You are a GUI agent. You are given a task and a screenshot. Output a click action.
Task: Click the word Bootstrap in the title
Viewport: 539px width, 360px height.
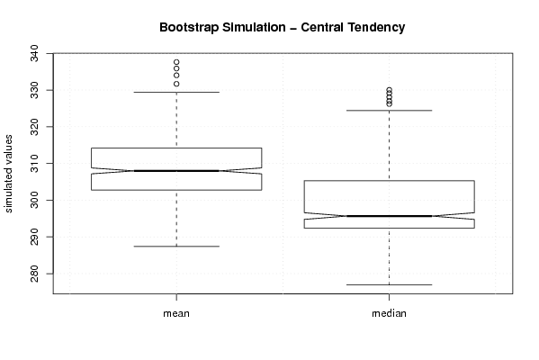pos(188,28)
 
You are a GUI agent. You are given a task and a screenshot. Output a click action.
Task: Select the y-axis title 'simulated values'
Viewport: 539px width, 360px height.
pos(8,174)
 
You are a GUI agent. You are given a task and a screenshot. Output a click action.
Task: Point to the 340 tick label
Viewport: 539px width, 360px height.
pos(35,53)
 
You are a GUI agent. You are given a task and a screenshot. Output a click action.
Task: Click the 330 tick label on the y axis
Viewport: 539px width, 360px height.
pos(35,90)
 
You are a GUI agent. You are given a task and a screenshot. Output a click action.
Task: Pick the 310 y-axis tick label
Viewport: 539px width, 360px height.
pos(35,163)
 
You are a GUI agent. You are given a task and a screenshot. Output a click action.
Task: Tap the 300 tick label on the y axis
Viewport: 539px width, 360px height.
pos(35,200)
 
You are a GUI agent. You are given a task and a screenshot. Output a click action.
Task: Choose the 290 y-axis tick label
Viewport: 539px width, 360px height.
pos(35,237)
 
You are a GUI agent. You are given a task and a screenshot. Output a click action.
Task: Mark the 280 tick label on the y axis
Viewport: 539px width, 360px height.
pos(35,274)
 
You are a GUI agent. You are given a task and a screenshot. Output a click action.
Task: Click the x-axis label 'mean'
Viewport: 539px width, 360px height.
pos(176,313)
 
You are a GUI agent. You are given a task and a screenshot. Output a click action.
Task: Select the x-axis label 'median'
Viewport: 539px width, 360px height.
pos(389,313)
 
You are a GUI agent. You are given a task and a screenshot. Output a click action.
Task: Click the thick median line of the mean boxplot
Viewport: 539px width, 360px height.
pos(176,170)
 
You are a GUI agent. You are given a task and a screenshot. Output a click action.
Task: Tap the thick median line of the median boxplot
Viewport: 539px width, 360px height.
pos(389,216)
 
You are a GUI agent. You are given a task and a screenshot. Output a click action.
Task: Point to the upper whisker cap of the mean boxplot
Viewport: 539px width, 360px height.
pos(176,92)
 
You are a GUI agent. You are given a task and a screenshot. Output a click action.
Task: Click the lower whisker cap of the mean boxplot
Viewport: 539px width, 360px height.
pos(176,247)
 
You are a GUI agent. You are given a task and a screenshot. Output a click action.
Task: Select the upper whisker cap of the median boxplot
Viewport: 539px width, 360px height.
pos(389,111)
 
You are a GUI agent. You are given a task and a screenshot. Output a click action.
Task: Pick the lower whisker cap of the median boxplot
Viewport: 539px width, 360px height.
pos(389,284)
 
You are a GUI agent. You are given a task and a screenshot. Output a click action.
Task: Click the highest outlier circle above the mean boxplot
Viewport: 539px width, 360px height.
pos(176,62)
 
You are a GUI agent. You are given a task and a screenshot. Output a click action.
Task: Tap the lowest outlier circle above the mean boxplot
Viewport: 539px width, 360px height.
pos(176,84)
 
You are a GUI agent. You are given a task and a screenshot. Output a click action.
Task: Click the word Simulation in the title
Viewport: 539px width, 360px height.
pos(254,28)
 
